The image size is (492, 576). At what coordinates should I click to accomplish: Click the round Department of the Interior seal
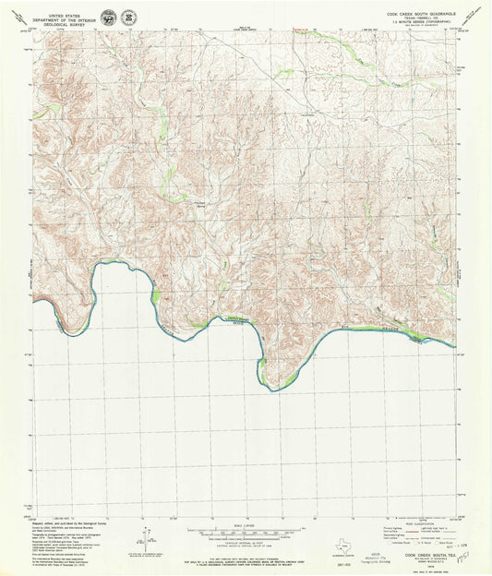click(x=112, y=18)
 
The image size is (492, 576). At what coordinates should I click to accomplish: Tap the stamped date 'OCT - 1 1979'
click(x=452, y=547)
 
